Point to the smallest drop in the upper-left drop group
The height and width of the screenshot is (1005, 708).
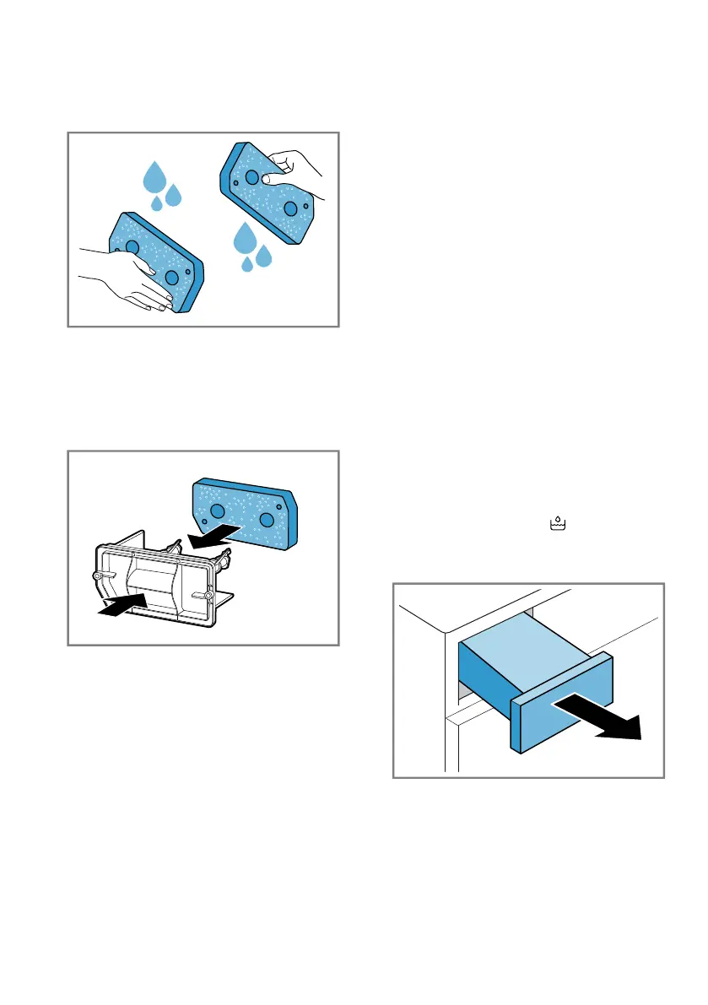[156, 204]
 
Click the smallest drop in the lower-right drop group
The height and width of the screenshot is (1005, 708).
[247, 265]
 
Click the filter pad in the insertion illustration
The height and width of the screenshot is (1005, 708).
[245, 515]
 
